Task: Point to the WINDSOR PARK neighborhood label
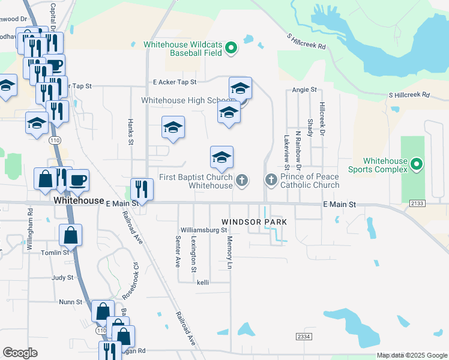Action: (x=255, y=222)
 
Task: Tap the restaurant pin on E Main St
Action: (x=142, y=189)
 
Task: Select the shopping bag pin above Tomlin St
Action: (x=71, y=235)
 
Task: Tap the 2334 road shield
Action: (x=304, y=338)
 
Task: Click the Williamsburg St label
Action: (x=205, y=230)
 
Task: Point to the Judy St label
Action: (x=62, y=278)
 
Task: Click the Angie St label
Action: (x=304, y=89)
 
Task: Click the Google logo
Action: (x=20, y=353)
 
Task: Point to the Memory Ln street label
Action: (x=229, y=248)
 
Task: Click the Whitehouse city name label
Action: (x=76, y=201)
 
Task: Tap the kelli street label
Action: (x=202, y=282)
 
